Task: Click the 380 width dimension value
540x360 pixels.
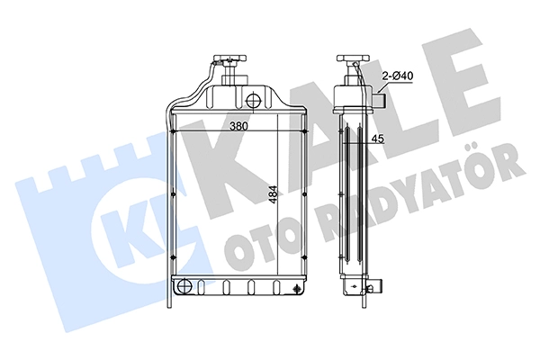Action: (239, 126)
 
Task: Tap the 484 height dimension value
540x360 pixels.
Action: (273, 195)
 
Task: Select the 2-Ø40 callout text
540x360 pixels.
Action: (398, 76)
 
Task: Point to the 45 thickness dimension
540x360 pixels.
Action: (378, 139)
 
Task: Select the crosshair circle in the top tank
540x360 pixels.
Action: (254, 100)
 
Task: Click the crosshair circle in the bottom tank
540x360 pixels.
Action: (184, 285)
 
